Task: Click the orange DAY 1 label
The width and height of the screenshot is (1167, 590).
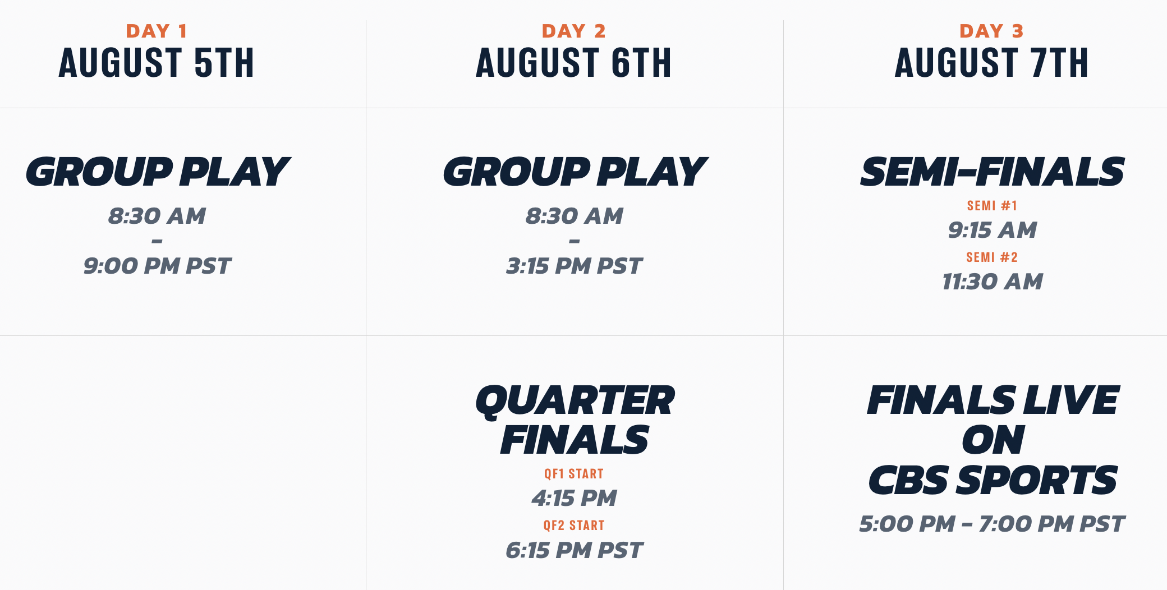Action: click(157, 31)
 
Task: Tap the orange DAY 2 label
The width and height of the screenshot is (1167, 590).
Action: click(574, 31)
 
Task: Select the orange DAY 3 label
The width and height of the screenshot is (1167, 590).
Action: click(991, 31)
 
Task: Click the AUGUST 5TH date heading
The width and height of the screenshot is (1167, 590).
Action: click(157, 62)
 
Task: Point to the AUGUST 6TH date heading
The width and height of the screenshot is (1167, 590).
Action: click(574, 62)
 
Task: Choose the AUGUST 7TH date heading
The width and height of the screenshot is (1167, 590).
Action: click(991, 62)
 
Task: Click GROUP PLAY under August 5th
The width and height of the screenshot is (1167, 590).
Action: click(157, 172)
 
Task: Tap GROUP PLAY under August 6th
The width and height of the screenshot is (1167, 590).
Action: click(575, 172)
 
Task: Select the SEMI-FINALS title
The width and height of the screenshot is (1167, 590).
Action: click(992, 172)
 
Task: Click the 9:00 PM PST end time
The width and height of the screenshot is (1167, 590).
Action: click(157, 266)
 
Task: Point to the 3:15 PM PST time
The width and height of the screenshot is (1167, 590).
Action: click(574, 266)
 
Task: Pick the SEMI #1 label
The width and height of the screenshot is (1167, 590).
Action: click(992, 206)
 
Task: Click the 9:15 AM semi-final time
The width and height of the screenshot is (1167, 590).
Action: click(992, 230)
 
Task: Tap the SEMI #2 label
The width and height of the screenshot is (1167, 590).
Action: click(992, 257)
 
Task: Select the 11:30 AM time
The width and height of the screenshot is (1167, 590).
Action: click(992, 282)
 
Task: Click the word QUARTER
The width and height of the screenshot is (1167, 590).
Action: click(575, 401)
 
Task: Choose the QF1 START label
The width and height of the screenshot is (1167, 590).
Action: click(574, 474)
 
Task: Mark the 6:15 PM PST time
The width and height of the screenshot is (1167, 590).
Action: click(574, 550)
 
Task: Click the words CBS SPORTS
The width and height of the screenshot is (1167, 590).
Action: click(993, 480)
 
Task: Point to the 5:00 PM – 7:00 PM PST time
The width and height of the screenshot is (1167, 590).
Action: click(991, 524)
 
